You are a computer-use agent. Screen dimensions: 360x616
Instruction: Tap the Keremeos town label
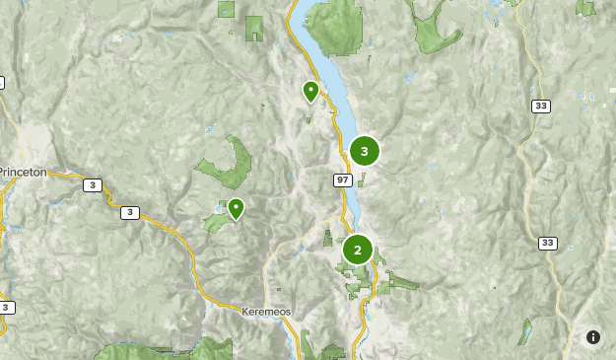tap(264, 311)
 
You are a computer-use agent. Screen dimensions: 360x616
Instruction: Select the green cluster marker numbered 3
tap(365, 151)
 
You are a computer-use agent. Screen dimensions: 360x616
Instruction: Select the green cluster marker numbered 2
tap(357, 250)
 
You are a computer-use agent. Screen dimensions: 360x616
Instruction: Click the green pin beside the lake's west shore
tap(310, 92)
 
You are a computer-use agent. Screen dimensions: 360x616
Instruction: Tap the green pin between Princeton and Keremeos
tap(236, 208)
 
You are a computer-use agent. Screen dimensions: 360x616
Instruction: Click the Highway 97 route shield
tap(342, 179)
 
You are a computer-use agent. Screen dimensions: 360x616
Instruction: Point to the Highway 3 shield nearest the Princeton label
tap(92, 184)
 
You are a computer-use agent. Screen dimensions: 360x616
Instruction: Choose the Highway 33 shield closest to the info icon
tap(548, 243)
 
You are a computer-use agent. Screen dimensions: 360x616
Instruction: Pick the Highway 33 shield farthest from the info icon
tap(540, 106)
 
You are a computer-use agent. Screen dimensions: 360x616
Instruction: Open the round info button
tap(593, 337)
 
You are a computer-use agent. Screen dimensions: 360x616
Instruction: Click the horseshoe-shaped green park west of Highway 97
tap(232, 166)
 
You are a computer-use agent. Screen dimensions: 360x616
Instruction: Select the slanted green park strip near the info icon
tap(525, 330)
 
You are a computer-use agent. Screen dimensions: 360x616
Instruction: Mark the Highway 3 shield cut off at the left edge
tap(5, 308)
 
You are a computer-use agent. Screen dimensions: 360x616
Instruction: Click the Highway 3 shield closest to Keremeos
tap(130, 212)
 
